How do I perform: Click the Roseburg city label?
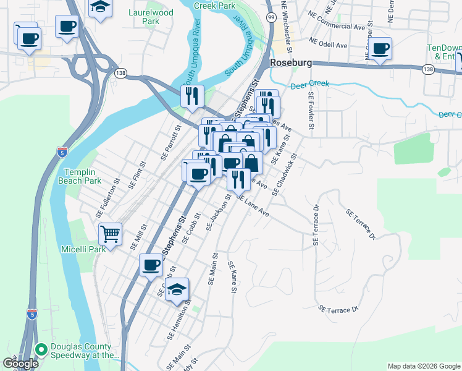click(290, 62)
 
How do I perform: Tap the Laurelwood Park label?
click(143, 17)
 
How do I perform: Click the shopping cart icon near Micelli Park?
click(110, 234)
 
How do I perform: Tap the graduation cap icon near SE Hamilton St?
click(177, 289)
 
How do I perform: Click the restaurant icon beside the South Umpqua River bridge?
click(191, 96)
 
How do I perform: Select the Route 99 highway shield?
click(271, 18)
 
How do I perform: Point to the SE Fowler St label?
click(311, 112)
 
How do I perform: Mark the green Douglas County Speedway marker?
click(41, 349)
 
